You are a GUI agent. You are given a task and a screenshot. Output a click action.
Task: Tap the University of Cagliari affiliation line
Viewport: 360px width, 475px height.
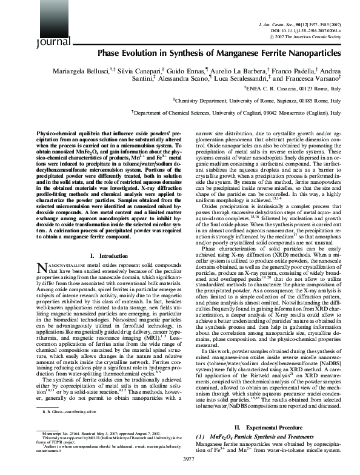(x=236, y=112)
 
